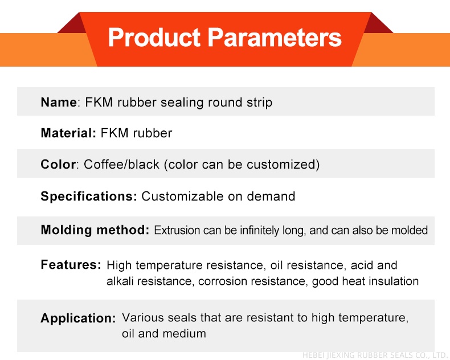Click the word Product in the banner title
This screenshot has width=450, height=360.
coord(154,38)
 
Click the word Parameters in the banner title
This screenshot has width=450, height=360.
coord(275,38)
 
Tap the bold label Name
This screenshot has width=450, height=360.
coord(59,102)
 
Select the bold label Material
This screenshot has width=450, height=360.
coord(68,133)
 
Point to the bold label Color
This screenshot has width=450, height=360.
coord(58,164)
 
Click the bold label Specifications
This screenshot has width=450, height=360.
coord(89,197)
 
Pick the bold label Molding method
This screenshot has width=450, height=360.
coord(95,230)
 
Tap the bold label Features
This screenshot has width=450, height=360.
coord(71,265)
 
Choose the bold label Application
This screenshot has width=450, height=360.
coord(78,318)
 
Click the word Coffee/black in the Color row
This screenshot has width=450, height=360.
coord(121,165)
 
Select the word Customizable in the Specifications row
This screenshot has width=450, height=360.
coord(182,197)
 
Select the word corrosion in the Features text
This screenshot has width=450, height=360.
coord(223,281)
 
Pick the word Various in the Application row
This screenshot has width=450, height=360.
coord(142,317)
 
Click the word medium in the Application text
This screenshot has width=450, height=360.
coord(184,334)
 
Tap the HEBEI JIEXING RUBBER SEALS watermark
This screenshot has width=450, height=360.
coord(375,355)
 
